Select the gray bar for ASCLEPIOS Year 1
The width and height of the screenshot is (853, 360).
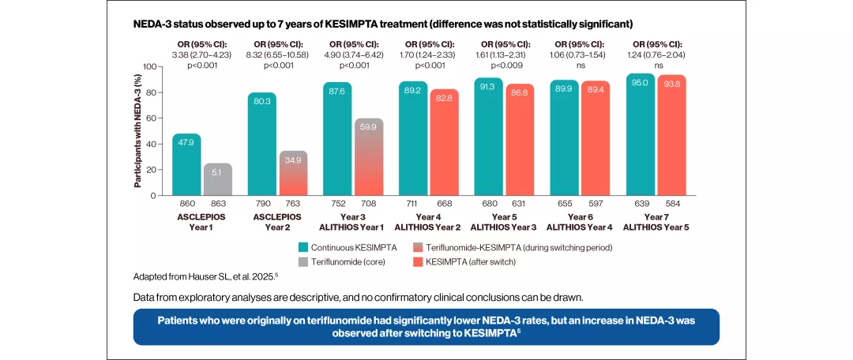coord(217,179)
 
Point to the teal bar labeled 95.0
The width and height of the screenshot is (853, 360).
coord(641,134)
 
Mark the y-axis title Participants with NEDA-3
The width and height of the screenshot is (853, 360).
coord(137,130)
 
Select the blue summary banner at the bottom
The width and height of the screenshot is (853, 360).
coord(426,327)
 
